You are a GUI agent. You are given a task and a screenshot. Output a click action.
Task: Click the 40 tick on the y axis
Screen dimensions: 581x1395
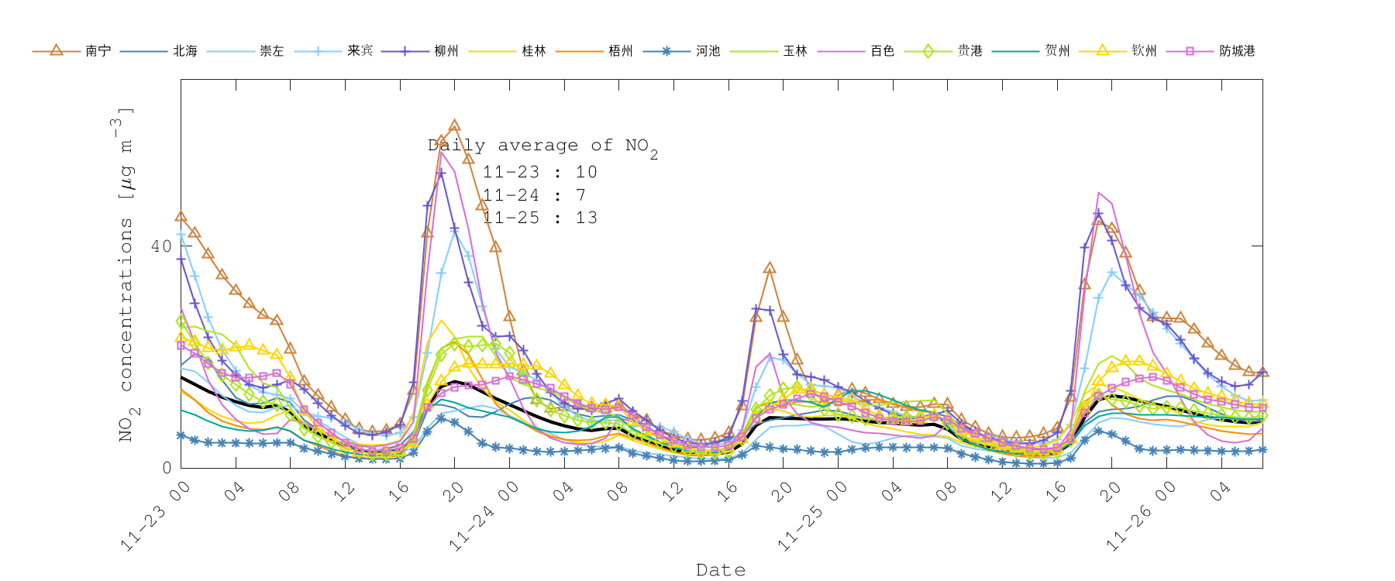click(x=161, y=246)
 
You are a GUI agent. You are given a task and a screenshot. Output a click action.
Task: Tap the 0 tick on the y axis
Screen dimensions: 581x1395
click(x=167, y=468)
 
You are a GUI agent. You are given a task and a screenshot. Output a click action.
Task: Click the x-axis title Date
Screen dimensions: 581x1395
click(x=721, y=570)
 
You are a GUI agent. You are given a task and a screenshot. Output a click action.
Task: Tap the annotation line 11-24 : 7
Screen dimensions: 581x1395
click(x=534, y=195)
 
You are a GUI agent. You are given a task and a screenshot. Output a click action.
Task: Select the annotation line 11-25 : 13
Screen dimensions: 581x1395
click(x=539, y=218)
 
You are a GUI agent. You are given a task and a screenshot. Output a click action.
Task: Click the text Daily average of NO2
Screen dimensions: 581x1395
click(x=542, y=146)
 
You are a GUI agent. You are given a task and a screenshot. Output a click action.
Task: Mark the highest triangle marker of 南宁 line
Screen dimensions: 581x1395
click(x=455, y=125)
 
